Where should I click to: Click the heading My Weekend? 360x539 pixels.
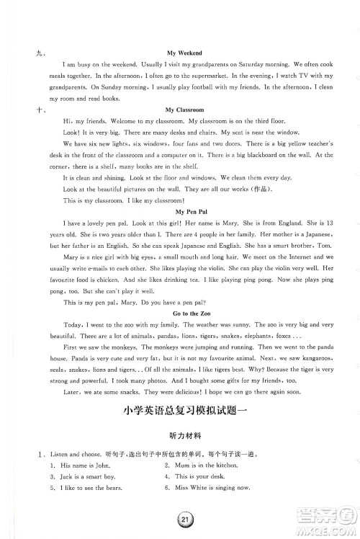(x=184, y=53)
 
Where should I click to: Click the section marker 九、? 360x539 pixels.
(x=27, y=53)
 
